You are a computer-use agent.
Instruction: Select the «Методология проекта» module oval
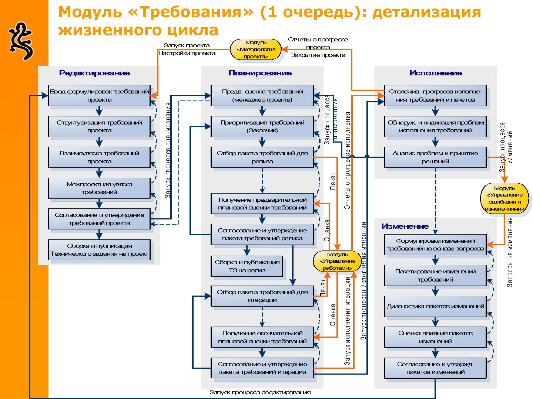(x=256, y=50)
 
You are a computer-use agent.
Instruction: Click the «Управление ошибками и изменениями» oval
(x=504, y=198)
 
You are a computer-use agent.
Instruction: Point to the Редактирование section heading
(x=94, y=73)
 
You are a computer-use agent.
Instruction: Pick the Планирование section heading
(x=260, y=73)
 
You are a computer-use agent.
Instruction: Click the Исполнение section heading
(x=436, y=73)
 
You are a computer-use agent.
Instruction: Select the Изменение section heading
(x=405, y=226)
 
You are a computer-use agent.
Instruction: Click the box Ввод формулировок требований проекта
(x=99, y=95)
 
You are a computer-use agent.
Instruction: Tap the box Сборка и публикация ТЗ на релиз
(x=247, y=266)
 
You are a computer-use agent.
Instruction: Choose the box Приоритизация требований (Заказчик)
(x=262, y=126)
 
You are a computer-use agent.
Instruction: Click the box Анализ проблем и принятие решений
(x=435, y=157)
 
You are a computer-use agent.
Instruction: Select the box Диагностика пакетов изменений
(x=435, y=306)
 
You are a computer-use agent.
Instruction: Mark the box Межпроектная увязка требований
(x=99, y=188)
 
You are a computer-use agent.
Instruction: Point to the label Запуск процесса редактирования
(x=260, y=392)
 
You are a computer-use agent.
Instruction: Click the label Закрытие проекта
(x=318, y=55)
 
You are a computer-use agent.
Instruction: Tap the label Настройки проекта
(x=187, y=53)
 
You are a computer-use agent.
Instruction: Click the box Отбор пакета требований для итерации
(x=262, y=296)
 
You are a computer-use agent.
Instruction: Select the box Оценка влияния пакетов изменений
(x=435, y=337)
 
